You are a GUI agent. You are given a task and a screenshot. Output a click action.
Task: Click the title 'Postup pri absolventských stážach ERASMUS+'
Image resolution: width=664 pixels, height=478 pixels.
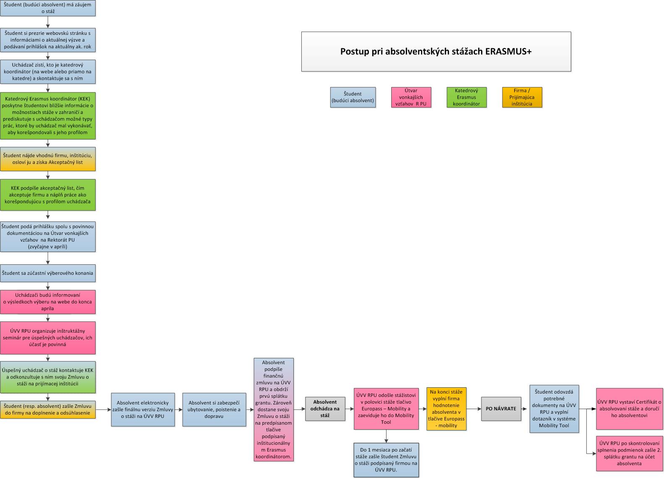click(x=436, y=51)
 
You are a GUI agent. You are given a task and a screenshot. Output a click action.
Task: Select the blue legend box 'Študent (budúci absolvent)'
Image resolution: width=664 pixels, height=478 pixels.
click(x=353, y=97)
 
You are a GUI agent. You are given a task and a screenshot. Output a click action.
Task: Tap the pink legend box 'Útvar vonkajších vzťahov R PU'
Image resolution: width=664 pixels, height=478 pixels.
click(x=411, y=97)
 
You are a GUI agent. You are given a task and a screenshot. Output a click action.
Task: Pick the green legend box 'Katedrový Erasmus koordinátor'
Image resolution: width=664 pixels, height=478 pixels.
click(x=467, y=97)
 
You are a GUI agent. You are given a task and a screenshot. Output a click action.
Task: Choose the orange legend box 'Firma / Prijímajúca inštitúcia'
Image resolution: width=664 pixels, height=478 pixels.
click(x=522, y=97)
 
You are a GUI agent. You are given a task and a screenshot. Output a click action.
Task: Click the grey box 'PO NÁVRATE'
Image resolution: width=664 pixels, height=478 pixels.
click(x=501, y=409)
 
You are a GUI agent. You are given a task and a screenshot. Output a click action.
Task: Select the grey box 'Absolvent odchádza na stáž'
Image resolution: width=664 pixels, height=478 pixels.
click(x=325, y=409)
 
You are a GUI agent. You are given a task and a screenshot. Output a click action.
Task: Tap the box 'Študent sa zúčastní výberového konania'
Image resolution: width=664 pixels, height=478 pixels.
click(x=48, y=273)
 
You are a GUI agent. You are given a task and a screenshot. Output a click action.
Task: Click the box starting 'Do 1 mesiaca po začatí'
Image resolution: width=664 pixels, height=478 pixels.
click(x=386, y=460)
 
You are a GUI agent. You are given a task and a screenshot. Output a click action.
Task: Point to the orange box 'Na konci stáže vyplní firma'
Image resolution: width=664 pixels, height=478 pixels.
click(x=447, y=409)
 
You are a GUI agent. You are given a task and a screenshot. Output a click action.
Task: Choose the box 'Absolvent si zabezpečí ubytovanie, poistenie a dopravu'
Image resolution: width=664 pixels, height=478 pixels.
click(x=214, y=410)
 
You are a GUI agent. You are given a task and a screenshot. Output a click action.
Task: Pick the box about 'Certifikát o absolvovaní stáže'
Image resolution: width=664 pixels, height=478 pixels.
click(x=630, y=409)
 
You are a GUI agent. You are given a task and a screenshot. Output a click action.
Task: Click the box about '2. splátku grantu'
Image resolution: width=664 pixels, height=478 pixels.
click(x=630, y=453)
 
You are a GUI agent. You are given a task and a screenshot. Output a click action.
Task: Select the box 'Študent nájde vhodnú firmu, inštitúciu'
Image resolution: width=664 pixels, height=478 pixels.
click(x=48, y=159)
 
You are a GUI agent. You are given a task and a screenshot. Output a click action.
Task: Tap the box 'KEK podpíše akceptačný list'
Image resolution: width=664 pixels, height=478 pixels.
click(x=48, y=194)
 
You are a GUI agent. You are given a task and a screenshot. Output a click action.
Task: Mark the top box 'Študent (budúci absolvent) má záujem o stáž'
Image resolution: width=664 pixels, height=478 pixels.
click(x=48, y=8)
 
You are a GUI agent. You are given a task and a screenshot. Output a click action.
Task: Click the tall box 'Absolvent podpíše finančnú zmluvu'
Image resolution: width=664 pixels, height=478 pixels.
click(x=274, y=410)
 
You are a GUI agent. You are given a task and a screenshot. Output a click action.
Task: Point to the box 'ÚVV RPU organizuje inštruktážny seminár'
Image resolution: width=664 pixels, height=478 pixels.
click(x=48, y=338)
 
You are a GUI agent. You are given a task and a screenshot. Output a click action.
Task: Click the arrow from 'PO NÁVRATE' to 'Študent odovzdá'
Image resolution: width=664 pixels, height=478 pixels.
click(x=524, y=409)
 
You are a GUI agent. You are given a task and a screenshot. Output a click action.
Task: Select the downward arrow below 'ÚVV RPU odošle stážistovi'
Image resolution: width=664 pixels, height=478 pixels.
click(x=386, y=436)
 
